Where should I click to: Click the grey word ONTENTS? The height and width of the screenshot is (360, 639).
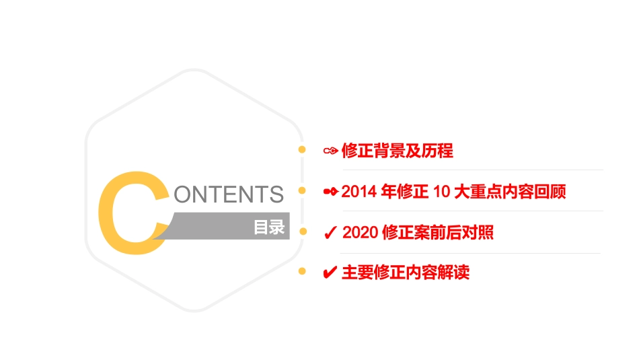point(228,194)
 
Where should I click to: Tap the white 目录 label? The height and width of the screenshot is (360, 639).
point(269,227)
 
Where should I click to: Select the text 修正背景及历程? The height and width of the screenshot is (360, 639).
point(397,151)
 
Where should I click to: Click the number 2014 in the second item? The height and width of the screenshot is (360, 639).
point(359,192)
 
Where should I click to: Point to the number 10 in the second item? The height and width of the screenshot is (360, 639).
point(441,192)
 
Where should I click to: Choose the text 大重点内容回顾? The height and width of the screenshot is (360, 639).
point(510,192)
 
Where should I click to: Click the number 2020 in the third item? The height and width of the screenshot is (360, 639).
point(359,233)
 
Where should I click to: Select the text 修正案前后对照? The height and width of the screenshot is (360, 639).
point(437,233)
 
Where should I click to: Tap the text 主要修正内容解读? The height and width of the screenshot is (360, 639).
point(406,273)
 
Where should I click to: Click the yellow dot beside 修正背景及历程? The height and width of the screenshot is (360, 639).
point(302,149)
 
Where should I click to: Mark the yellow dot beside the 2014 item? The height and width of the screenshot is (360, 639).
point(302,191)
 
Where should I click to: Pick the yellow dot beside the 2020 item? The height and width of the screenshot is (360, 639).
point(302,231)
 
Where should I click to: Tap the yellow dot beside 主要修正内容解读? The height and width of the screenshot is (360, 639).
point(302,271)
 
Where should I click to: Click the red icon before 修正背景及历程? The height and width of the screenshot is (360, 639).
point(330,151)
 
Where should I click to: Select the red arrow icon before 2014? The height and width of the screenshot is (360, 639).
point(330,192)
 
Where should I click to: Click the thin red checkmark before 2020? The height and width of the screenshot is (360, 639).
point(330,233)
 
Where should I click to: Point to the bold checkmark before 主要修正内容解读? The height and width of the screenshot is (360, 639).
point(330,273)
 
